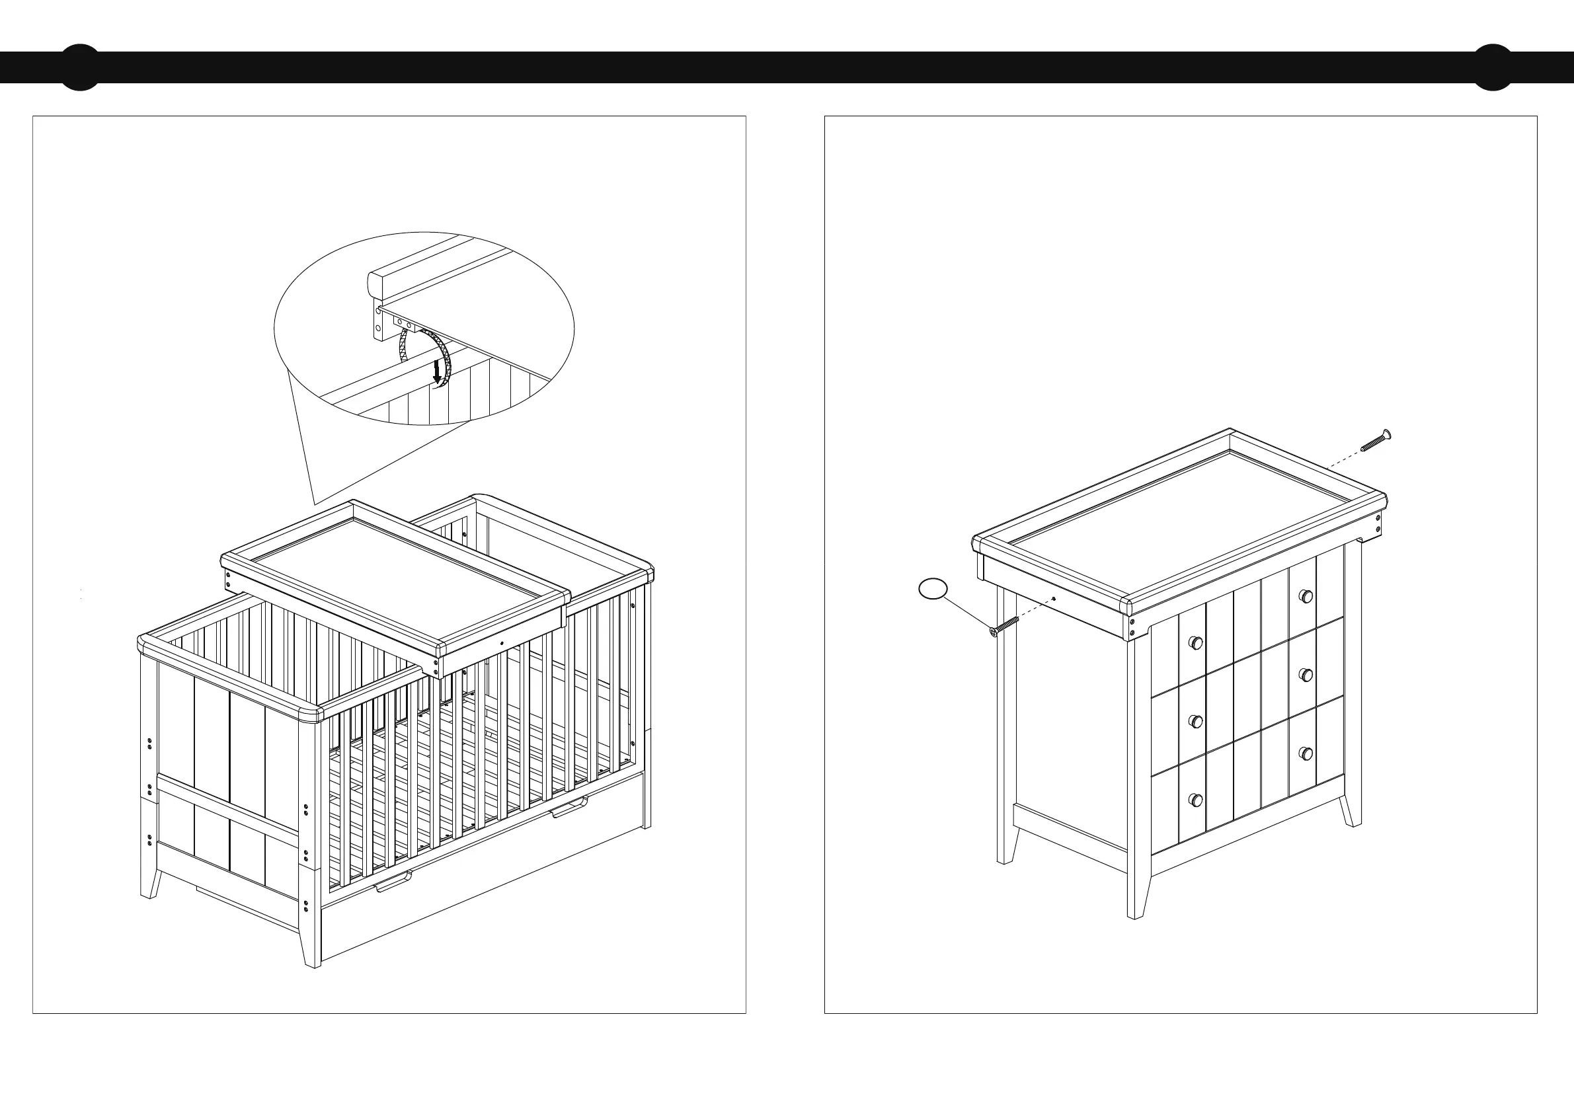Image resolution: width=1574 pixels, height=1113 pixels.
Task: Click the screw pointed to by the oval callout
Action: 1004,626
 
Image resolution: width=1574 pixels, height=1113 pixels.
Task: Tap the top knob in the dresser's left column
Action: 1195,643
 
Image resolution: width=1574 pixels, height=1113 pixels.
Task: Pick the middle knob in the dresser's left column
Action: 1196,721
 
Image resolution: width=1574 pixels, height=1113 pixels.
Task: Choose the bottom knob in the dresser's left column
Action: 1196,799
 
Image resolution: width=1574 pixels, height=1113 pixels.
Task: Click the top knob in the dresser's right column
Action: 1306,595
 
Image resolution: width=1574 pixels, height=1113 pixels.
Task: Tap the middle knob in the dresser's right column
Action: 1307,674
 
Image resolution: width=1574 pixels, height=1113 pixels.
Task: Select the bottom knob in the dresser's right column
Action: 1307,753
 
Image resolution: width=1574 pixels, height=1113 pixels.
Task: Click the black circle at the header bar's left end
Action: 80,67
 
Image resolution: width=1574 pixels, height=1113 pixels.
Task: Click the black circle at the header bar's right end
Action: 1493,67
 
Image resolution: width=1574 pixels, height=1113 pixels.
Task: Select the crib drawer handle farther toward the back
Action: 571,808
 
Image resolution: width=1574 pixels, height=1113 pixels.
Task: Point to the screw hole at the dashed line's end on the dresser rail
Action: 1053,599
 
